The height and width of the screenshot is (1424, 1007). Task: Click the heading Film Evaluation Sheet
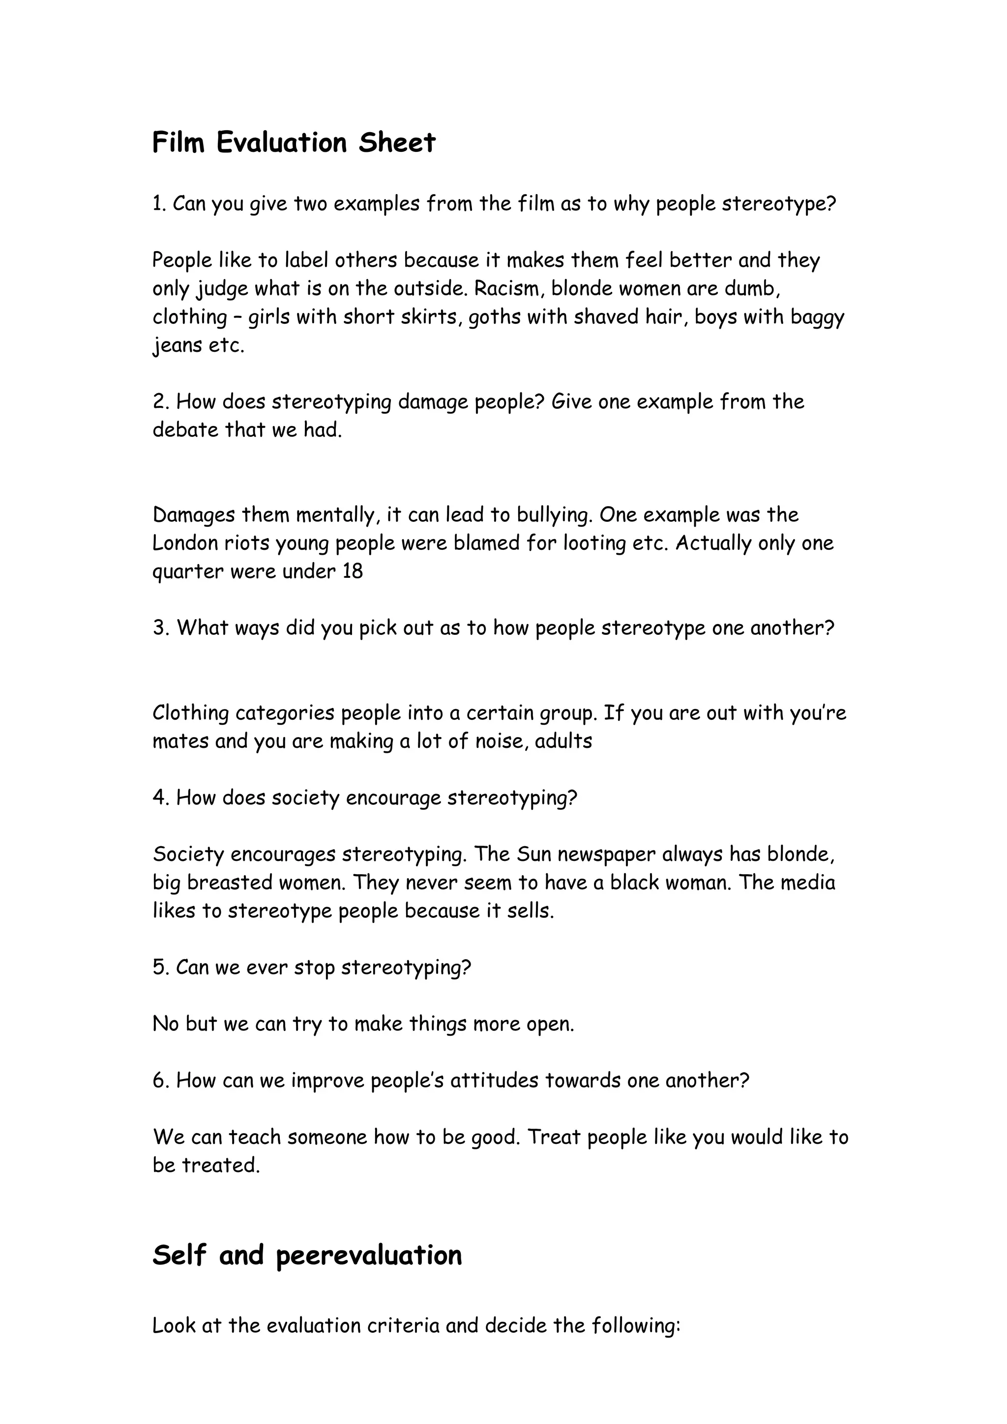(294, 142)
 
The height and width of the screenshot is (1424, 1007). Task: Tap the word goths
(493, 317)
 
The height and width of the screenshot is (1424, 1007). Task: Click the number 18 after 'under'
(353, 571)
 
